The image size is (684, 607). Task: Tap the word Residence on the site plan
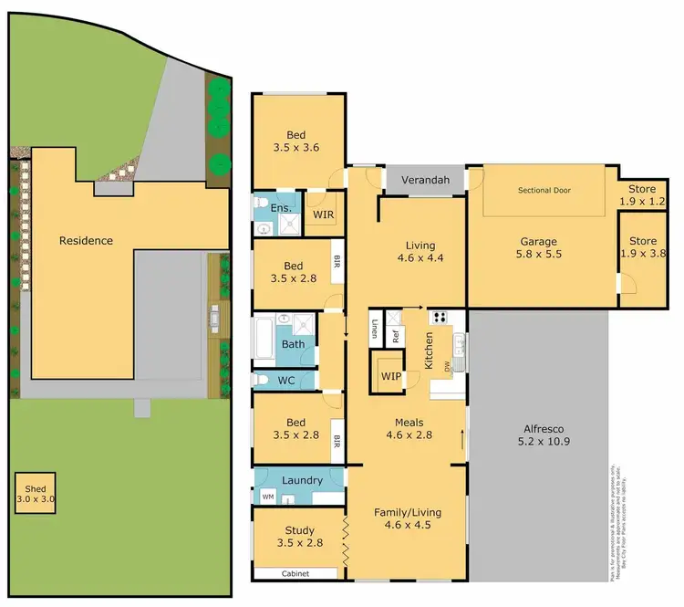(86, 241)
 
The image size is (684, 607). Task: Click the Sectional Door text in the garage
(544, 190)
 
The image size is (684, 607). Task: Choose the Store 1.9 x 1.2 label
(643, 194)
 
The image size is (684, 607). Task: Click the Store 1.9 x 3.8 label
(643, 248)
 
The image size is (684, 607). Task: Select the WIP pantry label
(391, 375)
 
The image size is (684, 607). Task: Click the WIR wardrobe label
(323, 215)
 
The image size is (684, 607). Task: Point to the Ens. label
(282, 209)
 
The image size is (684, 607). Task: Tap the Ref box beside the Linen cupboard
(396, 334)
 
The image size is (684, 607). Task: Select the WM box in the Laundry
(267, 497)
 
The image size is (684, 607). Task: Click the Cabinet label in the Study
(296, 573)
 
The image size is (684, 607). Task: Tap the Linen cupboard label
(375, 330)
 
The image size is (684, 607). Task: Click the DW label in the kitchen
(447, 368)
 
